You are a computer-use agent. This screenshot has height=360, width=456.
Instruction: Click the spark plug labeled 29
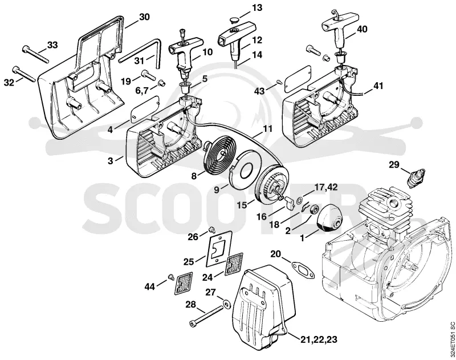pyautogui.click(x=415, y=177)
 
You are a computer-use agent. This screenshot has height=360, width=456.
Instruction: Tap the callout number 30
pyautogui.click(x=144, y=17)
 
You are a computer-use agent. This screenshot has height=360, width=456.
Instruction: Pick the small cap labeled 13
pyautogui.click(x=232, y=19)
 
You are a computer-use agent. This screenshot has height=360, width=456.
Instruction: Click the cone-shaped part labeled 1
pyautogui.click(x=329, y=218)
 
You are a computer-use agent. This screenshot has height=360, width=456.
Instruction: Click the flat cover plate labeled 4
pyautogui.click(x=145, y=107)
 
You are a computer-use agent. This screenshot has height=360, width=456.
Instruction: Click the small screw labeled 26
pyautogui.click(x=212, y=231)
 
